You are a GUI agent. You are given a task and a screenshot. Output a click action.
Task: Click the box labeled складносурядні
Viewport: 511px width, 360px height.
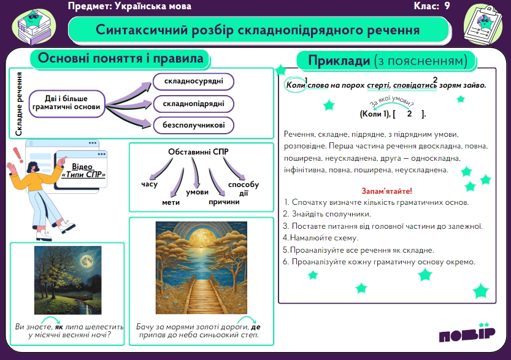coord(194,82)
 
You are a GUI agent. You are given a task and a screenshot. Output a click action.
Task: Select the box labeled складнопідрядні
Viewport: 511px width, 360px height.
coord(194,104)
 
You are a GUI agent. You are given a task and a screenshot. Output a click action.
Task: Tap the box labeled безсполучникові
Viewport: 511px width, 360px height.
coord(194,125)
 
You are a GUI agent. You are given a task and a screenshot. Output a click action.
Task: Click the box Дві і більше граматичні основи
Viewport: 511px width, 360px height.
coord(67,104)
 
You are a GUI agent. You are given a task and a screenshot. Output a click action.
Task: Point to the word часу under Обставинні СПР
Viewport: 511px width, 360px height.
coord(149,185)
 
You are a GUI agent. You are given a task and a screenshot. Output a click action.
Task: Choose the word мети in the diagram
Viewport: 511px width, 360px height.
coord(171,202)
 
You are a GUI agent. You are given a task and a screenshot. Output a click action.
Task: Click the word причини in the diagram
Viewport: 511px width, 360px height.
coord(225,202)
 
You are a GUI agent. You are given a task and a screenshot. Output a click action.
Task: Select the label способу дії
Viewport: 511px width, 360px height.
coord(244,189)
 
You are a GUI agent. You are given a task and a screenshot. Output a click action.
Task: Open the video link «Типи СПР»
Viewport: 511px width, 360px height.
coord(83,170)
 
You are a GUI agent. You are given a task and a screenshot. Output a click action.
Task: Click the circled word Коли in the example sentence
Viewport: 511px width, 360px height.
coord(295,85)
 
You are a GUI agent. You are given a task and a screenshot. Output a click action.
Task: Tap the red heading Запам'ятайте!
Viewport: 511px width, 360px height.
coord(387,191)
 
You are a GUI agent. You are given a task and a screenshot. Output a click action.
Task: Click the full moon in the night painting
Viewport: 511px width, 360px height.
coord(86,261)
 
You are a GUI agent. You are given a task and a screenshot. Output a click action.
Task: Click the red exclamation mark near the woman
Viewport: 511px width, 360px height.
coord(18,155)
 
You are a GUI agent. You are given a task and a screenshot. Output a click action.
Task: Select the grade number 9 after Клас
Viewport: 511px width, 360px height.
coord(447,6)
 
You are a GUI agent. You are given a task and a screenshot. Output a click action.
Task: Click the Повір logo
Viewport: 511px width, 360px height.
coord(467,333)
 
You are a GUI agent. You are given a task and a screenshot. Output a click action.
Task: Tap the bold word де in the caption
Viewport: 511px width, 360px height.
coord(256,327)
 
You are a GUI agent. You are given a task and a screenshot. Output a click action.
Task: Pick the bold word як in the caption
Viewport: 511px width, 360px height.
coord(59,327)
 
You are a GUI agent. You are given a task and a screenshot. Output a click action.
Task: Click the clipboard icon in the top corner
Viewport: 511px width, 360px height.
coord(483,25)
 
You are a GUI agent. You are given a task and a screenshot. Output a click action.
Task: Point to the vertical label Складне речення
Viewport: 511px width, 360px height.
coord(19,104)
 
